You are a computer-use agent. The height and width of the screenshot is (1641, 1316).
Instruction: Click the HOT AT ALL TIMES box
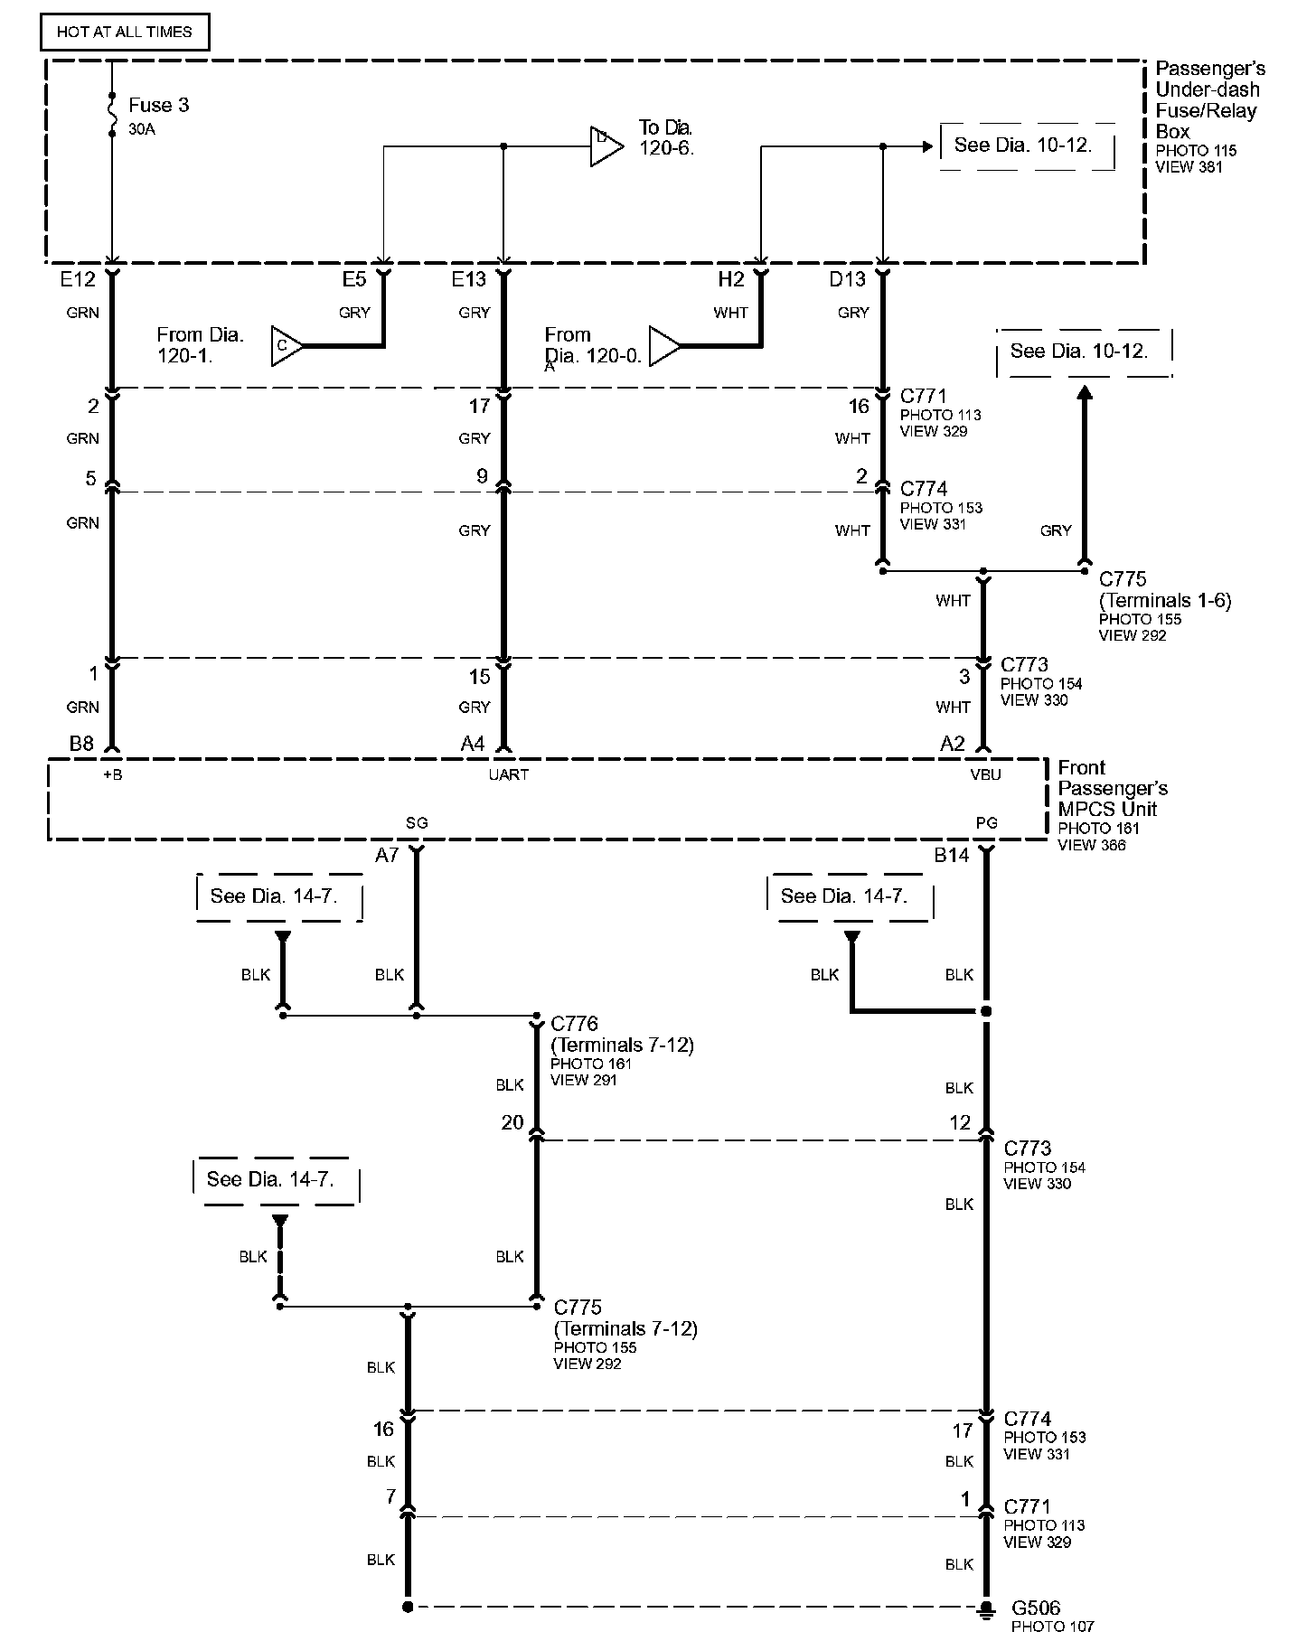pos(125,32)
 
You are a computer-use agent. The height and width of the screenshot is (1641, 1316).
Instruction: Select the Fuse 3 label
pos(159,106)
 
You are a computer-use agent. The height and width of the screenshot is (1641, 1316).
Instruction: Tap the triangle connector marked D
pos(605,146)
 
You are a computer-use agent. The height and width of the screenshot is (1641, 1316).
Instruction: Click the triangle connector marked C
pos(286,346)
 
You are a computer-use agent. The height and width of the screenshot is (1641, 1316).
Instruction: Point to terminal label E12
pos(78,280)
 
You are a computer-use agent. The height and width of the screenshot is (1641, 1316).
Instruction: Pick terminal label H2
pos(731,280)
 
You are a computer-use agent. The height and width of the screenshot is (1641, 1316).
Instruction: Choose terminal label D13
pos(847,280)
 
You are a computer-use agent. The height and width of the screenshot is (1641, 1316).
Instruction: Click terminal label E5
pos(354,280)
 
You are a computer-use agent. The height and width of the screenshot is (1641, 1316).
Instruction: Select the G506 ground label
pos(1036,1608)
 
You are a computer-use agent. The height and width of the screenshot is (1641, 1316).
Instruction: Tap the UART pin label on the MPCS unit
pos(508,774)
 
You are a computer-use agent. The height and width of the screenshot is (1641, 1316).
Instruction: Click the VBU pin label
pos(986,774)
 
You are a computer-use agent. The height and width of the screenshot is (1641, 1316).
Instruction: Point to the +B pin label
pos(112,774)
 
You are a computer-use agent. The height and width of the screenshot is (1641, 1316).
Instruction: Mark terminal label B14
pos(951,855)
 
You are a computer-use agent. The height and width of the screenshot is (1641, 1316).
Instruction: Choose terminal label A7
pos(387,855)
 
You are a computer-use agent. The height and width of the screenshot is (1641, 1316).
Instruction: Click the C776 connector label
pos(575,1024)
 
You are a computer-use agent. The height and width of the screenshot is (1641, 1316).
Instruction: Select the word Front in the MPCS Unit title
pos(1082,768)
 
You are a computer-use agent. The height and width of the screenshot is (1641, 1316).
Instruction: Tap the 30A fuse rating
pos(142,129)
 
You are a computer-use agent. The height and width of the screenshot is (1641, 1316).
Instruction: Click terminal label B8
pos(81,744)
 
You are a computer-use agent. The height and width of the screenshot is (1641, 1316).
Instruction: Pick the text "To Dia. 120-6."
pos(666,137)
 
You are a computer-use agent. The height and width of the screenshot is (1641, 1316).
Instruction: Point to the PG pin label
pos(986,823)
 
